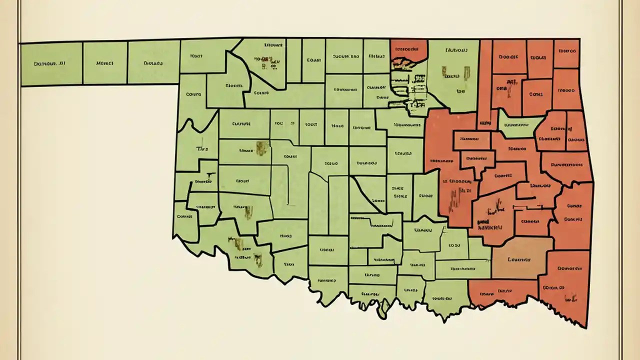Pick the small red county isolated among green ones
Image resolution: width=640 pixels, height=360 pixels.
[x=408, y=49]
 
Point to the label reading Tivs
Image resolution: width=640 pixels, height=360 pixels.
[x=201, y=149]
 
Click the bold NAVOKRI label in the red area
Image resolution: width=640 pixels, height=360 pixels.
[x=489, y=226]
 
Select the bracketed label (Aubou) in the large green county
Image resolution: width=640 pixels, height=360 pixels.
[x=455, y=50]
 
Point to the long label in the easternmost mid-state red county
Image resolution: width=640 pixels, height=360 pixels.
[x=568, y=163]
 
